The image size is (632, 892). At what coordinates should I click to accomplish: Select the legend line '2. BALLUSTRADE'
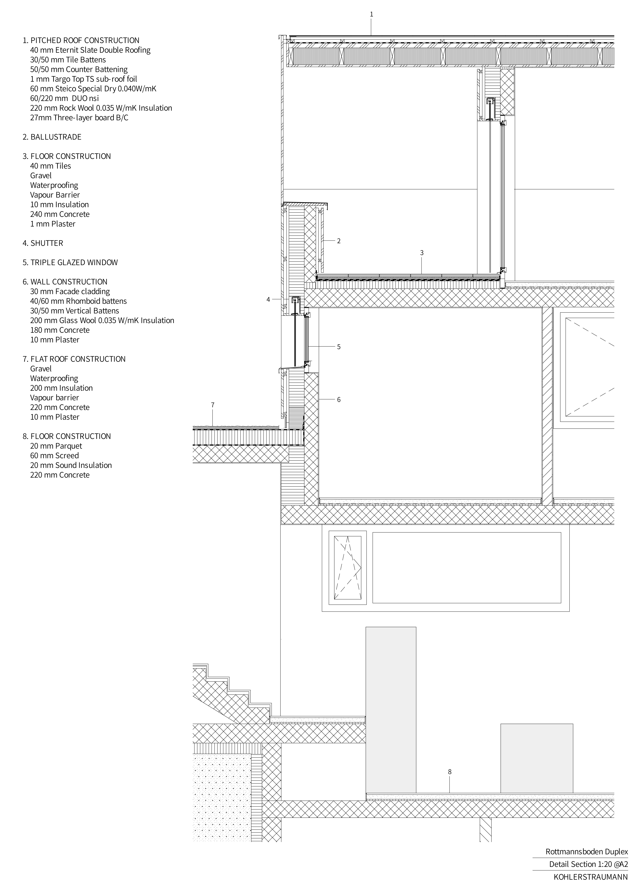(x=52, y=137)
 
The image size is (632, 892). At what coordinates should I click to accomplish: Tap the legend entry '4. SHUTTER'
(x=43, y=243)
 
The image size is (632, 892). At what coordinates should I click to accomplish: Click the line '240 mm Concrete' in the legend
(x=60, y=214)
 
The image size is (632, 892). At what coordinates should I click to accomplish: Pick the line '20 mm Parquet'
(x=56, y=446)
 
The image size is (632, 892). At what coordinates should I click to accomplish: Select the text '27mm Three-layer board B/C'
(x=79, y=118)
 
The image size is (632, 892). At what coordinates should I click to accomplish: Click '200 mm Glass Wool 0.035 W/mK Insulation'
(x=102, y=321)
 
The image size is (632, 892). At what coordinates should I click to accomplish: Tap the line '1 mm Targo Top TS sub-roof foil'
(x=84, y=79)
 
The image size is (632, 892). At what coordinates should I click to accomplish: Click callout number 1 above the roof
(x=371, y=14)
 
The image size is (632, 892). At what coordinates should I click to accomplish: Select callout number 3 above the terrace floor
(x=422, y=253)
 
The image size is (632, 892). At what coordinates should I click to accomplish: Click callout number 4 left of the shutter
(x=268, y=300)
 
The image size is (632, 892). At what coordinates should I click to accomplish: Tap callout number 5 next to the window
(x=339, y=347)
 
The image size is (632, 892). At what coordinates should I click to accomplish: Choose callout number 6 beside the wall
(x=339, y=400)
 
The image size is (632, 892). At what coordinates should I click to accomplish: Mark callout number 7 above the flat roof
(x=212, y=405)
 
